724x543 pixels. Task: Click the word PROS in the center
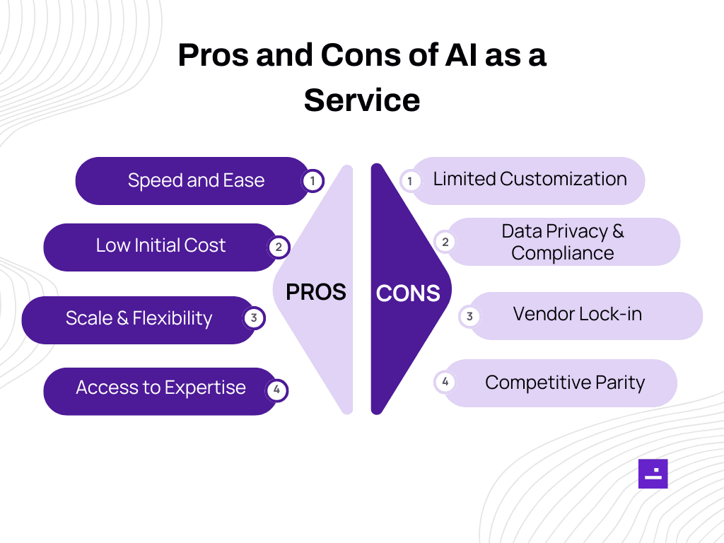coord(315,291)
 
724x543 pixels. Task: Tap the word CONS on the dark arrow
coord(408,293)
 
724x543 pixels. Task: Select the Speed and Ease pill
coord(196,180)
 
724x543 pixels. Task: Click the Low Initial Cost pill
coord(160,246)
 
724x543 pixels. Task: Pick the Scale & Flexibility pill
coord(139,318)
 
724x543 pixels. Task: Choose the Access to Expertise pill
coord(160,388)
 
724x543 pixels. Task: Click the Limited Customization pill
coord(530,180)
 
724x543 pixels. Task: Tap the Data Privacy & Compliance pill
coord(563,242)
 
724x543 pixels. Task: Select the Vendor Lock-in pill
coord(578,314)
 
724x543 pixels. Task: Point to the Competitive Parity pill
coord(564,383)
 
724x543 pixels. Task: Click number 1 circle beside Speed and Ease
coord(313,181)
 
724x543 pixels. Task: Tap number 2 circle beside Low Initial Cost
coord(279,247)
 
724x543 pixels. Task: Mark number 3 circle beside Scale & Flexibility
coord(254,318)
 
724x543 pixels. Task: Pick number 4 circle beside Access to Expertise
coord(276,390)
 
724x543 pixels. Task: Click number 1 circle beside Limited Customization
coord(409,182)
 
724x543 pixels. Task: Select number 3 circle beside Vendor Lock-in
coord(469,317)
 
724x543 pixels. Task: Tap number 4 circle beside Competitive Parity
coord(445,383)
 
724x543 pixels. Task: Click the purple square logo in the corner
coord(653,474)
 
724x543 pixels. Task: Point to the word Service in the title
coord(362,100)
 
